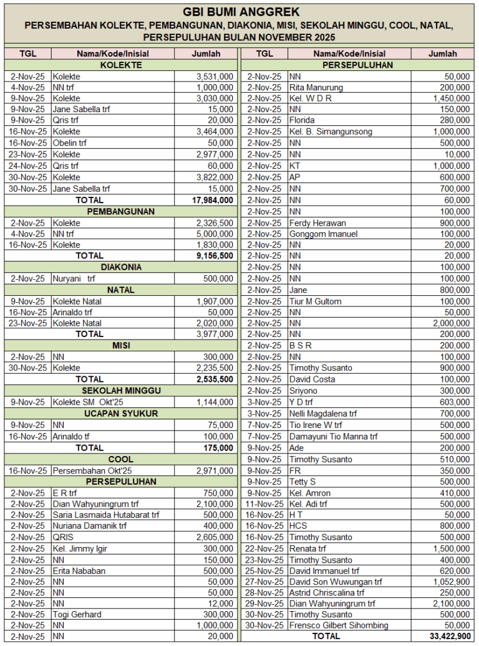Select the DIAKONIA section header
121,267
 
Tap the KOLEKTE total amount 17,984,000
213,200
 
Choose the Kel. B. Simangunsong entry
331,132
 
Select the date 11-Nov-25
265,504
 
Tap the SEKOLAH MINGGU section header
121,391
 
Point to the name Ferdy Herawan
317,223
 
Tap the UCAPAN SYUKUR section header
121,414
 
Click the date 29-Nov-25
265,603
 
